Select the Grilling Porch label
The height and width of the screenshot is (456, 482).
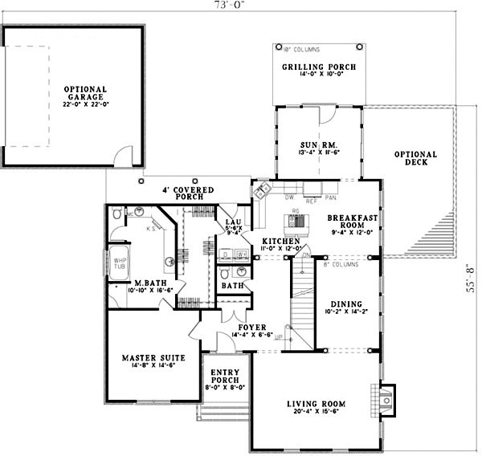click(x=319, y=69)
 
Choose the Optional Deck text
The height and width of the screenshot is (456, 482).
click(x=415, y=158)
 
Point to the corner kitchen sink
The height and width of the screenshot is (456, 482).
click(x=261, y=193)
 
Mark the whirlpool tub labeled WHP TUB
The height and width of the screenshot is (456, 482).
click(x=120, y=264)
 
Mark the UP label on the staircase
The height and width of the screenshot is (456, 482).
click(x=280, y=340)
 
